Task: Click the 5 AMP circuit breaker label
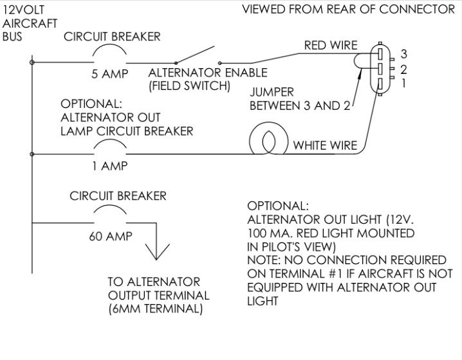point(109,74)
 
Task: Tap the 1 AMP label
point(109,165)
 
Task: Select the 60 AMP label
point(111,237)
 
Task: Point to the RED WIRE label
point(330,46)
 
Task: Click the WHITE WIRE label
point(325,145)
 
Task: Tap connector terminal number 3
point(381,53)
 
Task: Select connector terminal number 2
point(381,68)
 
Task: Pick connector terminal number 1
point(381,84)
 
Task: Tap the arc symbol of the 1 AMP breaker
point(110,146)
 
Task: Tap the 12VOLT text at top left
point(23,10)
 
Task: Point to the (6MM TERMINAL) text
point(156,309)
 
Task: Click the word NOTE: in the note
point(263,260)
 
